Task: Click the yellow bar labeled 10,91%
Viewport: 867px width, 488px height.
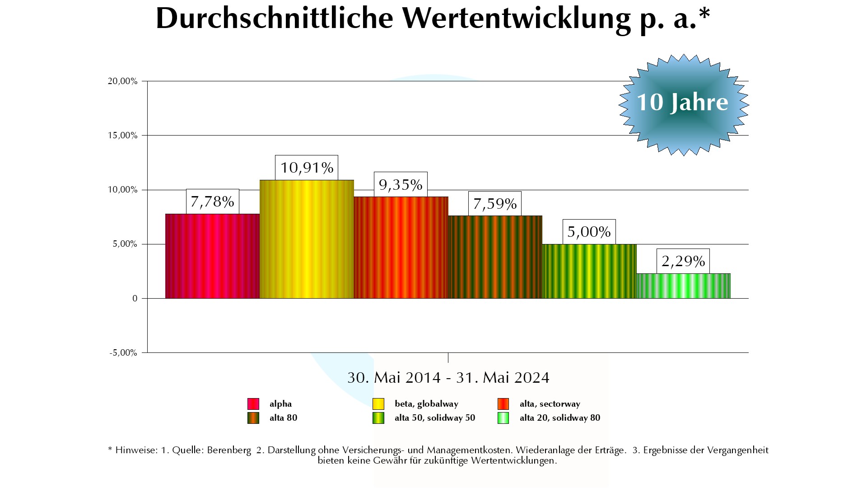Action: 307,239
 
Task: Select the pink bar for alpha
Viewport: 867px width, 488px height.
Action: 212,256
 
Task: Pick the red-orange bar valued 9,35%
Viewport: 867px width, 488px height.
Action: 401,247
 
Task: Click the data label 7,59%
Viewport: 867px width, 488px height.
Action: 495,204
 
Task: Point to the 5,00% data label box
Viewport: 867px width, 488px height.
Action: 589,232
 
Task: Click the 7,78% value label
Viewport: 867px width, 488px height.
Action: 212,202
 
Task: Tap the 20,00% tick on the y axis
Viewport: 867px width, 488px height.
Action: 122,81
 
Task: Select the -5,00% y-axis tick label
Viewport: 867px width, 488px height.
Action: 123,353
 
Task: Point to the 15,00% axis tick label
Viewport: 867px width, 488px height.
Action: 122,136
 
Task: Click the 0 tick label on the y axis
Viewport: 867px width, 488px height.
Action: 135,299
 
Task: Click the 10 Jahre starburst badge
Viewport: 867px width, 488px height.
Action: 683,104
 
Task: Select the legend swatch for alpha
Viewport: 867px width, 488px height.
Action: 253,404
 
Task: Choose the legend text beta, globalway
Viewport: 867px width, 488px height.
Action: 426,404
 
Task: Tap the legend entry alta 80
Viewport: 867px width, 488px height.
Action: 283,418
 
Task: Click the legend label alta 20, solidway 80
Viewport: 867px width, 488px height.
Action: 560,418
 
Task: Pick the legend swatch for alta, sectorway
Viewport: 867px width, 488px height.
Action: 503,404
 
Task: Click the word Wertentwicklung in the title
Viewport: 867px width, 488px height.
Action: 516,19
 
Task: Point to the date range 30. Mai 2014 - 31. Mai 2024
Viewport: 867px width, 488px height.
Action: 448,378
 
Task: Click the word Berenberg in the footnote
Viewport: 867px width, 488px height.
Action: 229,450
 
